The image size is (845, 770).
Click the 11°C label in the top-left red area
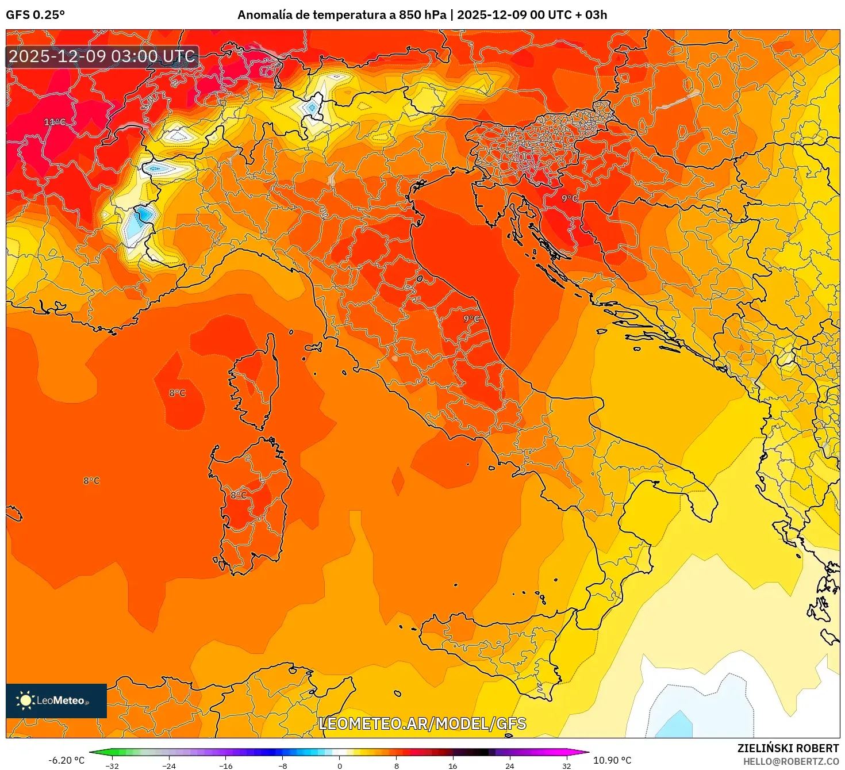point(55,122)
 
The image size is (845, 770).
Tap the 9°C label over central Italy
point(471,319)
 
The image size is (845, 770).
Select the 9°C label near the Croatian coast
point(569,198)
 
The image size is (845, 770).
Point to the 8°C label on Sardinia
point(239,495)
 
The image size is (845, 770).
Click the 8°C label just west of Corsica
point(177,393)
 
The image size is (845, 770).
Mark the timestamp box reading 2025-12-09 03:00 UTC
point(102,56)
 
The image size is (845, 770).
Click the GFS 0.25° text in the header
point(35,15)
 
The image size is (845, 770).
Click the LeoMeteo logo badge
point(56,700)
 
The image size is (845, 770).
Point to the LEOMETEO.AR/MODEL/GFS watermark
point(422,723)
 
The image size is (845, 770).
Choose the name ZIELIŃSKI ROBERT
point(788,748)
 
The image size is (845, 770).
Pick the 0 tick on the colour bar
point(340,765)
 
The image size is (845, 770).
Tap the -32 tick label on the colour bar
point(112,765)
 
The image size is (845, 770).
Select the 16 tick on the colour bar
point(453,765)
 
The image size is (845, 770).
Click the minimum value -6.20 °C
point(66,760)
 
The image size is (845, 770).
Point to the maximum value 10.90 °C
point(612,760)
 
